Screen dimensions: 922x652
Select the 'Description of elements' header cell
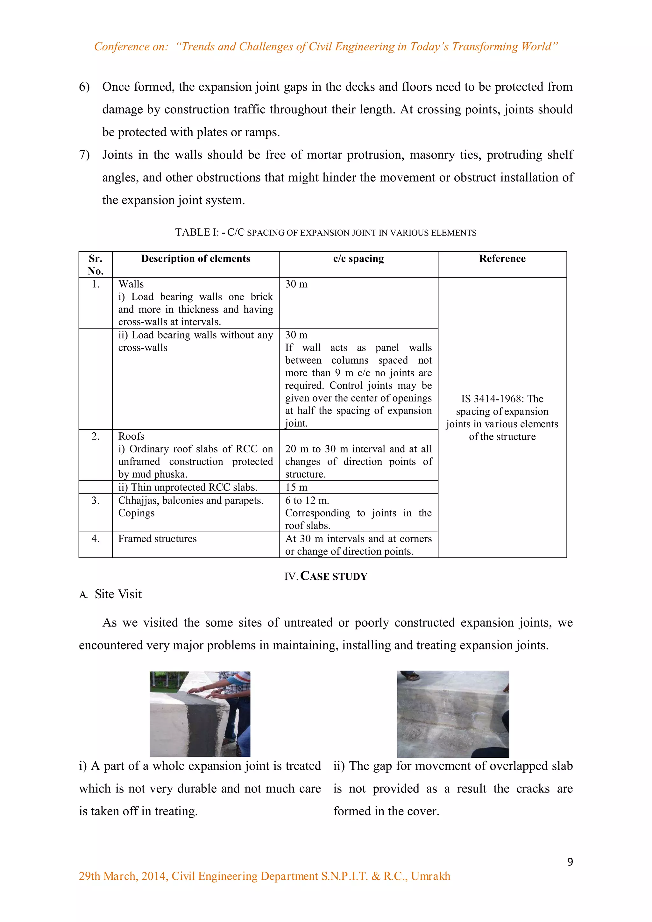point(195,259)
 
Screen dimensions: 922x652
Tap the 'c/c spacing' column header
point(358,259)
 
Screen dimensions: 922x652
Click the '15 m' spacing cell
point(296,487)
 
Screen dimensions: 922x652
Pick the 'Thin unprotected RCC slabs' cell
point(188,487)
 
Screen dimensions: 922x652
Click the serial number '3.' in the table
point(95,500)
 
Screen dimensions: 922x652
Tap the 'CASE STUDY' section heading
point(334,576)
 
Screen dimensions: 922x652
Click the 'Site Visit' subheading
point(118,594)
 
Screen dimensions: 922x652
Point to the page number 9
point(570,862)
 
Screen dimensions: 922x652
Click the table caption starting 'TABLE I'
point(326,232)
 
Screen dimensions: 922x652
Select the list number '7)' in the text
point(84,155)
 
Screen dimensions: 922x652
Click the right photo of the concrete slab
point(453,714)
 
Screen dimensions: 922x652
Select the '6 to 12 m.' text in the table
point(307,500)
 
